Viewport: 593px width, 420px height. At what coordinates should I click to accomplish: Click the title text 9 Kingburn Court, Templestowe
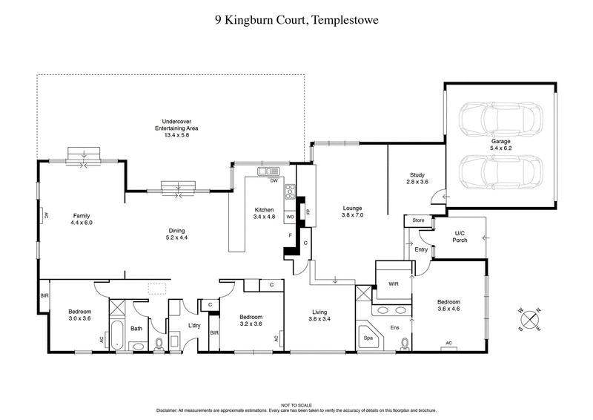pos(296,22)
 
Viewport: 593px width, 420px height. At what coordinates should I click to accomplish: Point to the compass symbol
pos(530,319)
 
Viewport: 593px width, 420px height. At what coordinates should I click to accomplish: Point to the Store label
pos(417,220)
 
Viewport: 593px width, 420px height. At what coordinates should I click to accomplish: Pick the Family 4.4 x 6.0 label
pos(81,220)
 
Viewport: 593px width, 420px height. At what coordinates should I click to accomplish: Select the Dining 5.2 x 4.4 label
pos(176,234)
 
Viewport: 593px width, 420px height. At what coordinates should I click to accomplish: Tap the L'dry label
pos(195,327)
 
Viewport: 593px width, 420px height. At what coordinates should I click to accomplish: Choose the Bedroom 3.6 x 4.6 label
pos(448,306)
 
